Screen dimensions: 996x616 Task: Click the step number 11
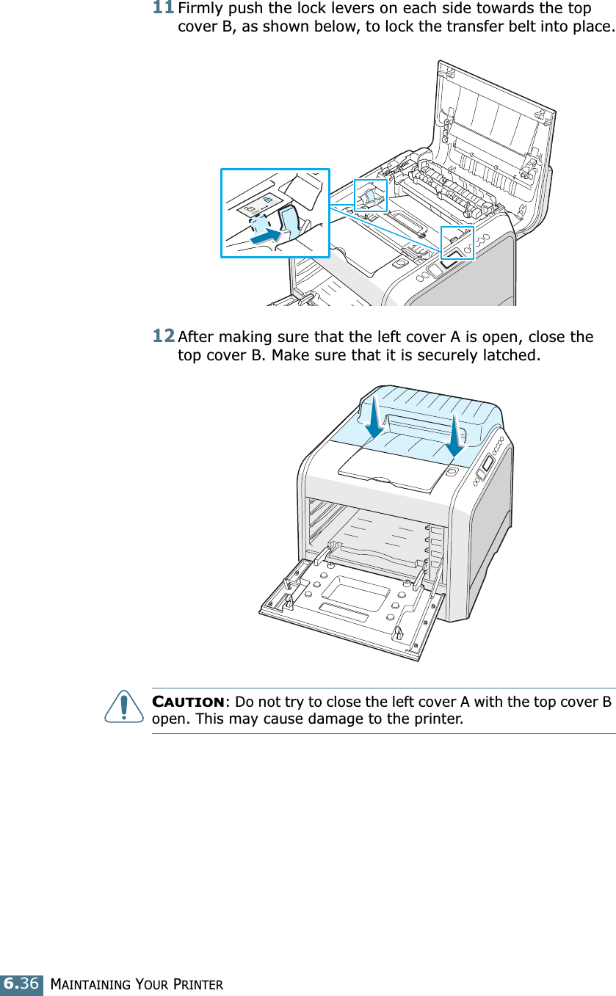click(164, 10)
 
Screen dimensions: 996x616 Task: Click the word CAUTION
click(189, 702)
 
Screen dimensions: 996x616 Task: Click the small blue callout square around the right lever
click(457, 243)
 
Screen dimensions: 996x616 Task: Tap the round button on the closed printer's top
click(452, 471)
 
